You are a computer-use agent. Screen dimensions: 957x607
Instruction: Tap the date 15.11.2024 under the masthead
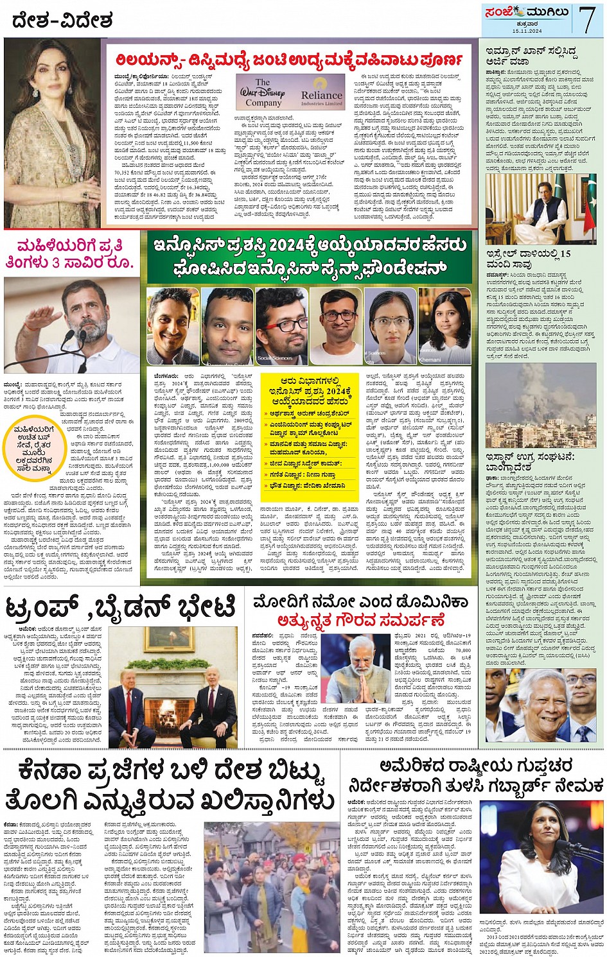pos(527,31)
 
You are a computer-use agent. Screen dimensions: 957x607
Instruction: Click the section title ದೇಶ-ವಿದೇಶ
pos(62,21)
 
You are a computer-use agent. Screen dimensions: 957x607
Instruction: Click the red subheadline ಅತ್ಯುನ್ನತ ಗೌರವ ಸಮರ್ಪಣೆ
pos(360,621)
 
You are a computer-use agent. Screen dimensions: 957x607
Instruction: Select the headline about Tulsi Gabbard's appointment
pos(475,776)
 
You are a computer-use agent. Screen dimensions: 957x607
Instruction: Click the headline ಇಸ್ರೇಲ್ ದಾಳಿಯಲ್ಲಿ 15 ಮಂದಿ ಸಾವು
pos(528,259)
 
